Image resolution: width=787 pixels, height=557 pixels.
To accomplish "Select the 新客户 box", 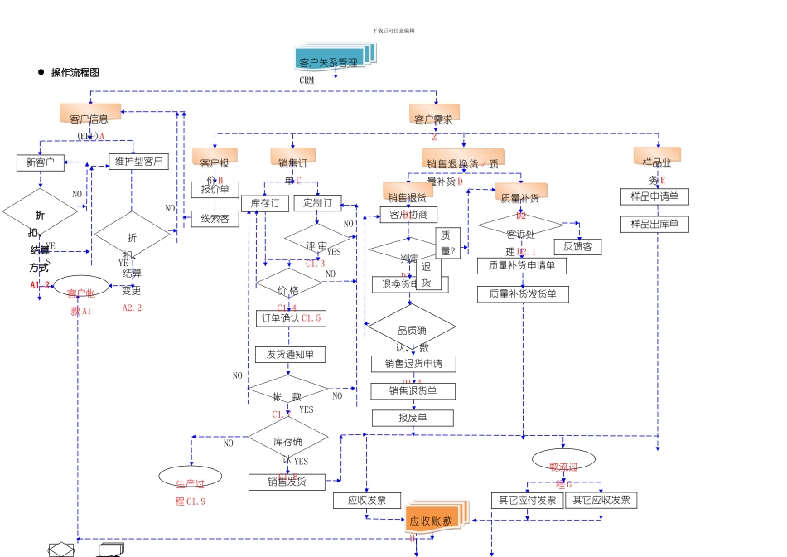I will click(x=40, y=162).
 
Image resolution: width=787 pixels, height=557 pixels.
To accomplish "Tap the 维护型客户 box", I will click(x=138, y=161).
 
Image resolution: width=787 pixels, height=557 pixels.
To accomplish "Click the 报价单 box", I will click(x=215, y=190).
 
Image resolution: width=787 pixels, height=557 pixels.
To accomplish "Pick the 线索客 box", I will click(x=215, y=219).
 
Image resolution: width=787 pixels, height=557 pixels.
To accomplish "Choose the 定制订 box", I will click(x=317, y=203).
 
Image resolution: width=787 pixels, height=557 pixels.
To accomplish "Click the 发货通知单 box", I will click(x=289, y=355).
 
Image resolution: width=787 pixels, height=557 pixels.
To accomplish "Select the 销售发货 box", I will click(x=287, y=482).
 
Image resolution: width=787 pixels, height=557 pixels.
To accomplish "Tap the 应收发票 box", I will click(x=367, y=501).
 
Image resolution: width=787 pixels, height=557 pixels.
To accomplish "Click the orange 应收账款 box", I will click(x=432, y=521).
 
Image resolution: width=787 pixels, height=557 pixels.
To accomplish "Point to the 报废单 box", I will click(x=413, y=418).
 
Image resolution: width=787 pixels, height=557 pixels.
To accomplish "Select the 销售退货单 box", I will click(x=413, y=390).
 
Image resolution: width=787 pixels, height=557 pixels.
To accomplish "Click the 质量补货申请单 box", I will click(x=521, y=266).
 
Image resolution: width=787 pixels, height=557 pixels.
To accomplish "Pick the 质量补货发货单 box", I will click(x=523, y=294).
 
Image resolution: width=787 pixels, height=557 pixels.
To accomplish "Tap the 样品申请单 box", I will click(x=654, y=196).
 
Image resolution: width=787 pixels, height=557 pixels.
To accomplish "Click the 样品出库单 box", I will click(x=654, y=224).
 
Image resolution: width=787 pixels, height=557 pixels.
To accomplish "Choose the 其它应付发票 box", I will click(x=528, y=500).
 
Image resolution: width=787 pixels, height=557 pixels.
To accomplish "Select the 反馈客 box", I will click(x=577, y=247).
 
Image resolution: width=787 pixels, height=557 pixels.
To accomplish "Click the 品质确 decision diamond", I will click(x=412, y=330).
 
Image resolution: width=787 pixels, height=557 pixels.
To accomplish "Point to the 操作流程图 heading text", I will click(x=75, y=73).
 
